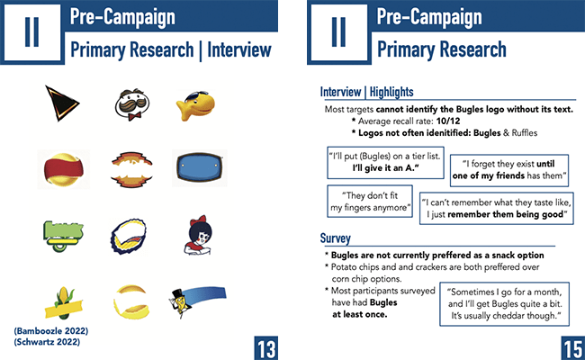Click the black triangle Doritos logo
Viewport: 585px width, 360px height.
[60, 103]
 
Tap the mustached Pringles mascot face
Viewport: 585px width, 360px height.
[132, 104]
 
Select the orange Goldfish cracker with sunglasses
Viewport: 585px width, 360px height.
[196, 105]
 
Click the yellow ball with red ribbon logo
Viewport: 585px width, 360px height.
[63, 169]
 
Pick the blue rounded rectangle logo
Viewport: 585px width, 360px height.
[200, 167]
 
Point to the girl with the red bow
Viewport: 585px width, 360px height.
[199, 236]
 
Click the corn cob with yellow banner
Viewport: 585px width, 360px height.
[63, 303]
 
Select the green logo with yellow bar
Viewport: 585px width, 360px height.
[63, 236]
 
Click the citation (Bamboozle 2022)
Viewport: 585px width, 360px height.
[51, 331]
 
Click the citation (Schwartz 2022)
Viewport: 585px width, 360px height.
[47, 342]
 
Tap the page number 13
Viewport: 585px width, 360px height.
[266, 348]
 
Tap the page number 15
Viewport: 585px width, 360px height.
[573, 348]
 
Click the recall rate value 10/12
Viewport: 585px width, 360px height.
[448, 121]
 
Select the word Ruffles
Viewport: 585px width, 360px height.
[525, 133]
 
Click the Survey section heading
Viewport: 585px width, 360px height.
[336, 238]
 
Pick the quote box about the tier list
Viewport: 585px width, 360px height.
[385, 163]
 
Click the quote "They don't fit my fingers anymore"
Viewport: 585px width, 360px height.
[370, 202]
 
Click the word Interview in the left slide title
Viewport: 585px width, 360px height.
[239, 50]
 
